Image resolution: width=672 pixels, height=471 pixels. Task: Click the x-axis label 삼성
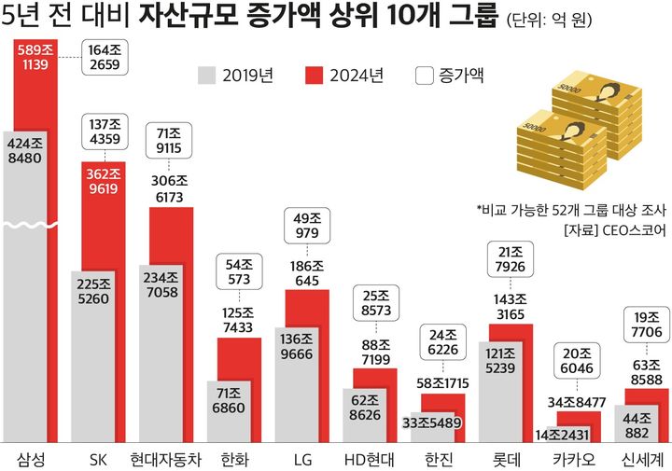[31, 459]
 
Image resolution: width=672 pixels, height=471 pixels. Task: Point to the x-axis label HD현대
[369, 459]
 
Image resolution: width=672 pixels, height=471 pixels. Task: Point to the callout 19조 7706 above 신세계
[645, 325]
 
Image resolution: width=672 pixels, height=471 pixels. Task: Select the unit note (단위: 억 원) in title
[552, 19]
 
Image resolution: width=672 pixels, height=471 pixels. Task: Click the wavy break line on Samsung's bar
[31, 224]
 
